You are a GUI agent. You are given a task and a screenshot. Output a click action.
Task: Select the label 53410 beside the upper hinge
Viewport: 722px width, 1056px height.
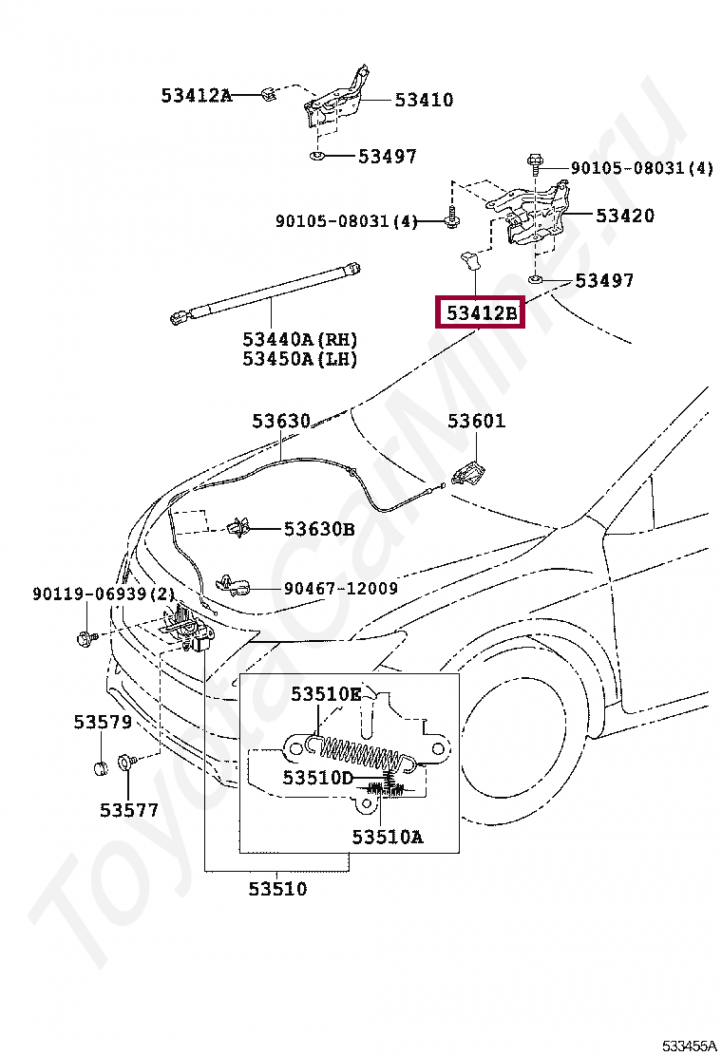point(424,101)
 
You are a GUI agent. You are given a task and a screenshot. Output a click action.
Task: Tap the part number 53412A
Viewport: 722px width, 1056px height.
point(196,95)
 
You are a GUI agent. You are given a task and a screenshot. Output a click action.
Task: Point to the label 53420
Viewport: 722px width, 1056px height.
point(624,216)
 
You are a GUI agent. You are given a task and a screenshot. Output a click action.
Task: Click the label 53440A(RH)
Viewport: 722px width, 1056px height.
point(299,339)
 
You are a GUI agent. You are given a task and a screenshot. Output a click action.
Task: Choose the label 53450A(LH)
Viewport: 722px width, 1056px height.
point(299,359)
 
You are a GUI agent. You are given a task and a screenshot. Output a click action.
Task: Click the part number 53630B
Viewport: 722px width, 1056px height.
point(318,529)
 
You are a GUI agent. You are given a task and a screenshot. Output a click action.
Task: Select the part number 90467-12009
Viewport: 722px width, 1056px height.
point(340,588)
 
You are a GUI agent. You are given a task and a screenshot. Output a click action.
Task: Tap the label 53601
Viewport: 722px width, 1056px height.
point(476,421)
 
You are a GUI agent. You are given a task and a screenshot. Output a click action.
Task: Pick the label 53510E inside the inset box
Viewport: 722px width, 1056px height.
point(326,693)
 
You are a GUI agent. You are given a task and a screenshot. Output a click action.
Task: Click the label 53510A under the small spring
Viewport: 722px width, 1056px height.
point(388,838)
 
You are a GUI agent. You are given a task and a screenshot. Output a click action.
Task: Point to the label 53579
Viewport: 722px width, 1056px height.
point(103,722)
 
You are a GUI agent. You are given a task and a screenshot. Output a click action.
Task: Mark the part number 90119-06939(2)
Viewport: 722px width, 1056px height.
point(103,594)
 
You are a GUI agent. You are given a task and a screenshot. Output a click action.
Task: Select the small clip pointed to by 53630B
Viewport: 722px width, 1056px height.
point(238,528)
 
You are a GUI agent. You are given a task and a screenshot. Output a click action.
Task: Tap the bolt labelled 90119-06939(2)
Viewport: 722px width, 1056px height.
point(86,634)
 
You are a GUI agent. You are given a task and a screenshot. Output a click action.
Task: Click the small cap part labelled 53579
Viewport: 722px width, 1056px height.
point(101,767)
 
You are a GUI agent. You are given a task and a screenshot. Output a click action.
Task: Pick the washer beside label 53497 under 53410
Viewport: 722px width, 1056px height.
point(317,157)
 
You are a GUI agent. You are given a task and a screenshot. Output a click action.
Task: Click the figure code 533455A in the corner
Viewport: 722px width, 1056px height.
point(688,1046)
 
